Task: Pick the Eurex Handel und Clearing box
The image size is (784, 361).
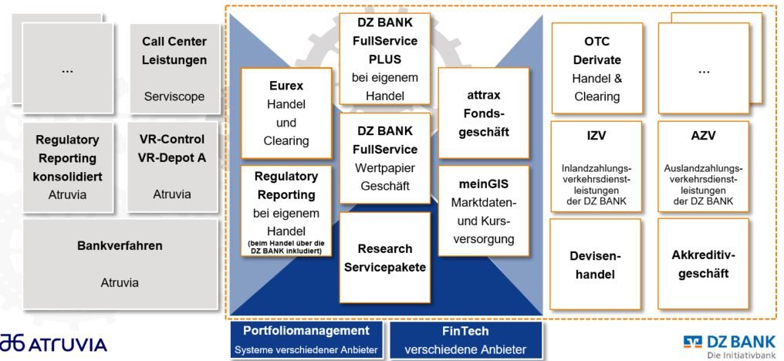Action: coord(286,113)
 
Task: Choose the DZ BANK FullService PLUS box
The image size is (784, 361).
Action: coord(384,59)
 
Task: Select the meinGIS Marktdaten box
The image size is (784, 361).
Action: coord(483,211)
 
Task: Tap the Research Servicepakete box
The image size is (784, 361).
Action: coord(384,258)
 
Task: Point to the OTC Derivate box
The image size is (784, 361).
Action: coord(596,67)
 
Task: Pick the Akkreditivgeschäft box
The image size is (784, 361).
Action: coord(703,264)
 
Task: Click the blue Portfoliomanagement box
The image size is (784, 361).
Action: coord(306,338)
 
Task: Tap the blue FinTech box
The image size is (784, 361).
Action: coord(465,338)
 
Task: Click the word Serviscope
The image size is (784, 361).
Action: coord(174,97)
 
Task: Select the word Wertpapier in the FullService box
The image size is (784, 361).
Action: coord(384,167)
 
